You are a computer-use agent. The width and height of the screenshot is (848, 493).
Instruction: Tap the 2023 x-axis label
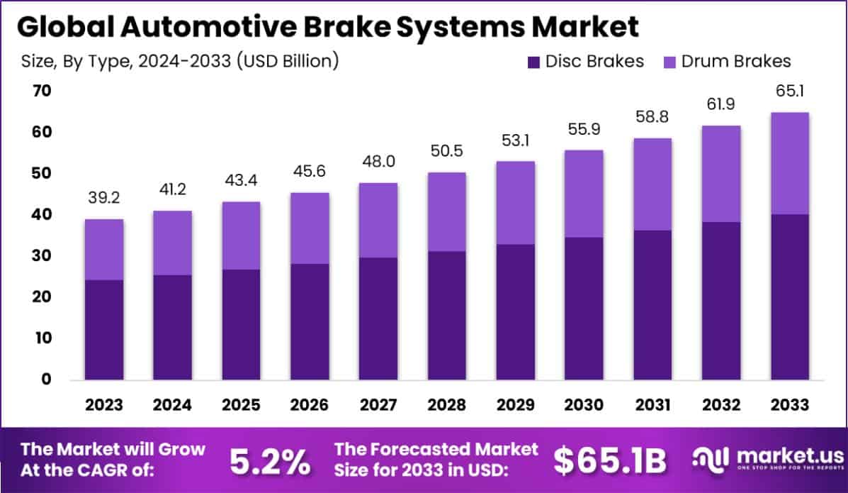103,405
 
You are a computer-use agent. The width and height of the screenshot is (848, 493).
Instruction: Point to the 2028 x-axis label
446,405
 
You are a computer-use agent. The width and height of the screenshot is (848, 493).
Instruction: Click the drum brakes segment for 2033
790,163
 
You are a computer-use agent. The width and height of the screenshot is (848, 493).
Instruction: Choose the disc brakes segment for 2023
103,330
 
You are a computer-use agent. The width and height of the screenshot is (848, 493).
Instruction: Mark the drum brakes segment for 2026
309,228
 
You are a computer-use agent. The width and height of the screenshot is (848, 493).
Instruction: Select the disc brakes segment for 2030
584,309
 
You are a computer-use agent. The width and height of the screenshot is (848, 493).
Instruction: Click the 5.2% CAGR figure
270,462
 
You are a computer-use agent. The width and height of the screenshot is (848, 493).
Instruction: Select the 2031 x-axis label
652,405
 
